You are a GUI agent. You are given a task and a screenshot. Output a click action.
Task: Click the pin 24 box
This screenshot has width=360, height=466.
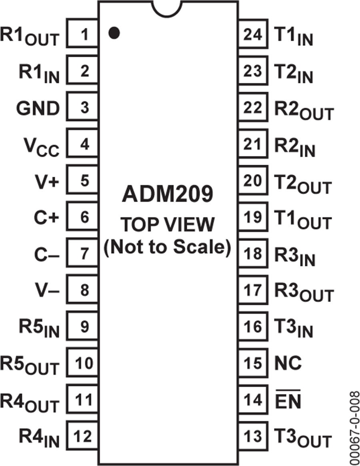[253, 35]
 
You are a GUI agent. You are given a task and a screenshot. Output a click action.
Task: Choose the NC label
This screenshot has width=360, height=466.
[288, 363]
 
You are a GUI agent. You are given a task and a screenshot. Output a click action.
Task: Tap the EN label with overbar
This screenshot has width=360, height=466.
[288, 400]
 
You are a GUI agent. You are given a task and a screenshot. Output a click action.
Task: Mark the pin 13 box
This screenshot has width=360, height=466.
[253, 436]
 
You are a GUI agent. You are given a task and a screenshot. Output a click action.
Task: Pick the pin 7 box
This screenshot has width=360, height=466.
[83, 254]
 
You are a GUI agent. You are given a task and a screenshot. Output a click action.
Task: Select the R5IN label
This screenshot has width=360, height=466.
[38, 328]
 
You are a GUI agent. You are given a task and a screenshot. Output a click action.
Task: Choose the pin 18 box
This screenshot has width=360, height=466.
[253, 254]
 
